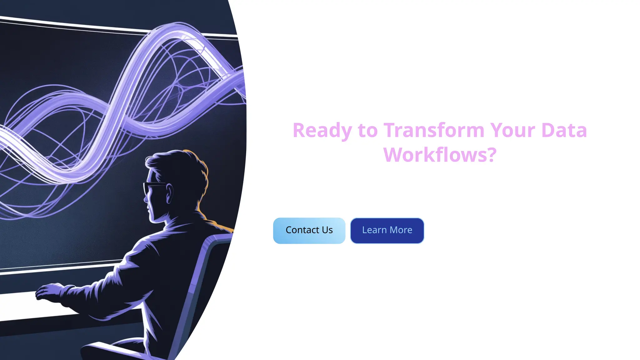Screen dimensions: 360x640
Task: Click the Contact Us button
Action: click(x=309, y=231)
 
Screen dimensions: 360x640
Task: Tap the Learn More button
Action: click(x=387, y=231)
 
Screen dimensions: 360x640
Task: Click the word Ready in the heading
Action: click(x=322, y=130)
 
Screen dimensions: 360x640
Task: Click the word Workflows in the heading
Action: click(x=434, y=155)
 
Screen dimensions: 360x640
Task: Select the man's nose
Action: click(x=146, y=198)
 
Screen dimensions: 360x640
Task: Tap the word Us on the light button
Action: click(x=327, y=230)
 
